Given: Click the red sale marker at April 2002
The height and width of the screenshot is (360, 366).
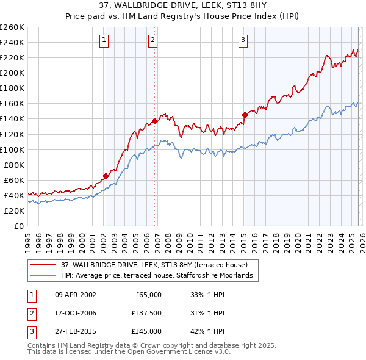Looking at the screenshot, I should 106,176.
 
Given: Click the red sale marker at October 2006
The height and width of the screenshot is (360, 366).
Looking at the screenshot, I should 154,121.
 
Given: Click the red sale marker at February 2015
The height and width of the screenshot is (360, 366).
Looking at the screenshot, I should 245,114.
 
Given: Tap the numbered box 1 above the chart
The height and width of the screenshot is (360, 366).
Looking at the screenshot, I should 104,41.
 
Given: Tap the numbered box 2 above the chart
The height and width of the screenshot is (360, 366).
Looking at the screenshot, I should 152,41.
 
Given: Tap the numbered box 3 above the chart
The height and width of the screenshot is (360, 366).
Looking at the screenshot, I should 243,41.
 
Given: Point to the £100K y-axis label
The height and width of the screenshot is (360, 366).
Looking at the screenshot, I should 12,149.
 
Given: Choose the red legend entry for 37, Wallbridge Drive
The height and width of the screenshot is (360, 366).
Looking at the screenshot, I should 154,265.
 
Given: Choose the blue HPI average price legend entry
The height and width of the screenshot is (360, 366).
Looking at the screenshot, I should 160,276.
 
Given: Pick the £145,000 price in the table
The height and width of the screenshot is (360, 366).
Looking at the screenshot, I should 146,331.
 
